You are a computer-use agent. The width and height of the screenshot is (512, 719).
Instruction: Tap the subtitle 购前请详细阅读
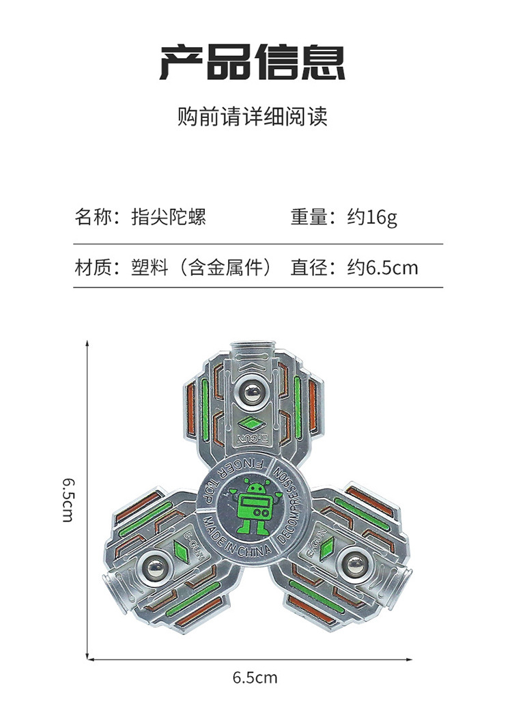(x=253, y=116)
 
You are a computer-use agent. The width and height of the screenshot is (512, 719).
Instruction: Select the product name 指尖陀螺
(x=169, y=217)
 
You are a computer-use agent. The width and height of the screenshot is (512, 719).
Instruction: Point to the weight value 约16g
(x=372, y=217)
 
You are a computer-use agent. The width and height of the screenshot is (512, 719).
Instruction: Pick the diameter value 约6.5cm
(x=382, y=266)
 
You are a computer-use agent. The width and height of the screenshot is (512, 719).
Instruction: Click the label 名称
(x=92, y=217)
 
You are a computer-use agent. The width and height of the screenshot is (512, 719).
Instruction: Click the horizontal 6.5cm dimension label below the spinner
(x=255, y=677)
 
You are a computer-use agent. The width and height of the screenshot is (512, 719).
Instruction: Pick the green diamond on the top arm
(x=248, y=422)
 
